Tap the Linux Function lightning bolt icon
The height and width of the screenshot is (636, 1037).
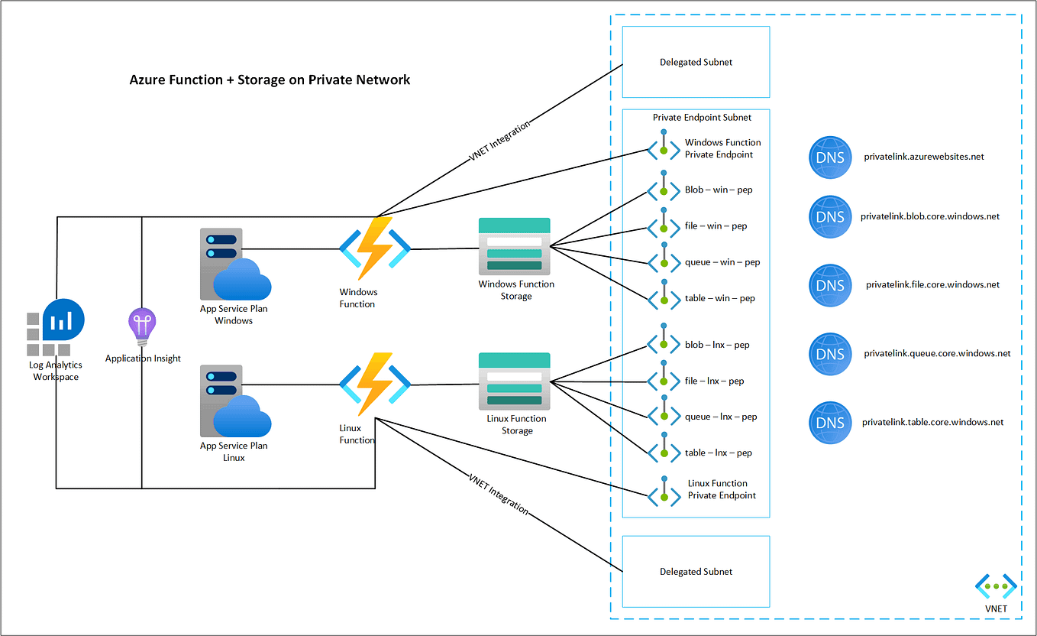pyautogui.click(x=374, y=384)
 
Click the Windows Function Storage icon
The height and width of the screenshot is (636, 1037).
pyautogui.click(x=514, y=246)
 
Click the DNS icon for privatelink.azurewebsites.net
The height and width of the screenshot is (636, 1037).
pyautogui.click(x=830, y=157)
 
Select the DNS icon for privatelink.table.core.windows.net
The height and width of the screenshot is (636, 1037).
pyautogui.click(x=830, y=423)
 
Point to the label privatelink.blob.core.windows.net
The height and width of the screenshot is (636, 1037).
pyautogui.click(x=929, y=216)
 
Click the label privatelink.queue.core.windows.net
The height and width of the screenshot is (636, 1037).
pyautogui.click(x=937, y=354)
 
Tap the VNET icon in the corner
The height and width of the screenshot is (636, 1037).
pyautogui.click(x=996, y=587)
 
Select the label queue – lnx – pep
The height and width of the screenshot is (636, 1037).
pyautogui.click(x=720, y=417)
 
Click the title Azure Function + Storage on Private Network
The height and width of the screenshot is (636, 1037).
pyautogui.click(x=270, y=79)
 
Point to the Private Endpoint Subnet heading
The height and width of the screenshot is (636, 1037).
pyautogui.click(x=702, y=118)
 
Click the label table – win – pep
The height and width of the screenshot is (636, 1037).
pyautogui.click(x=719, y=298)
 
